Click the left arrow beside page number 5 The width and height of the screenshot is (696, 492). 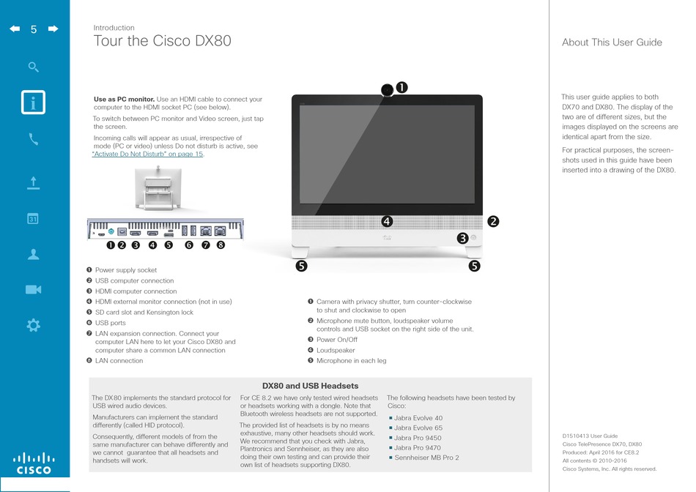click(x=15, y=29)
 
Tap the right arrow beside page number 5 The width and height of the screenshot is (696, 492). click(x=53, y=29)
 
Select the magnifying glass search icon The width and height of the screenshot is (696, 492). click(x=33, y=67)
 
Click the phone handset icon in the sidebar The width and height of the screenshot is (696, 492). click(x=33, y=139)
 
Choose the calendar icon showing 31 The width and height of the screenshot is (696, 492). click(x=33, y=219)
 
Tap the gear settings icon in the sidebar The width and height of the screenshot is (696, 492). click(x=33, y=325)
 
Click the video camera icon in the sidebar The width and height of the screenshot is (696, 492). click(x=33, y=290)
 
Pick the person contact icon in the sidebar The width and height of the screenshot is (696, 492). click(x=33, y=254)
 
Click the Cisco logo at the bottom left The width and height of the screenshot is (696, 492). click(x=34, y=463)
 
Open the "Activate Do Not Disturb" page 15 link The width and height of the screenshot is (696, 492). click(x=148, y=154)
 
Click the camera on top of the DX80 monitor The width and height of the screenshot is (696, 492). click(x=387, y=90)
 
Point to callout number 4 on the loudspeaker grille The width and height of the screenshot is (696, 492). click(x=387, y=221)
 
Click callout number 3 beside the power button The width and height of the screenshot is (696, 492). click(x=462, y=238)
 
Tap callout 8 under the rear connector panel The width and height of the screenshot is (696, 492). click(x=221, y=245)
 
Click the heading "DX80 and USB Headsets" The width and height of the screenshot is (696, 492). click(x=311, y=386)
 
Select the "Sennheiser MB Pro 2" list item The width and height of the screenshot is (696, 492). click(x=426, y=458)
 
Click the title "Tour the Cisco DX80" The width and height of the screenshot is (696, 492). click(x=162, y=41)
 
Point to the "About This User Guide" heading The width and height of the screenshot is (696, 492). click(x=612, y=42)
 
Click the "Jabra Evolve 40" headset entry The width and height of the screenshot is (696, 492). click(x=418, y=418)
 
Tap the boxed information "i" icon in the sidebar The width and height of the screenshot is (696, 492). click(x=33, y=102)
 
